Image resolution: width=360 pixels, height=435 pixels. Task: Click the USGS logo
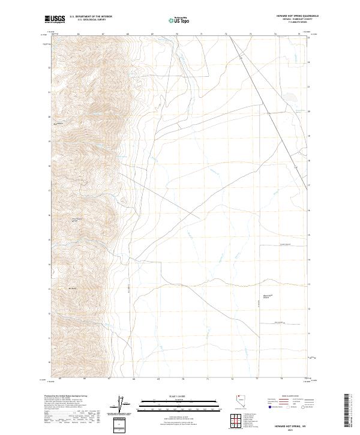tap(55, 19)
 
